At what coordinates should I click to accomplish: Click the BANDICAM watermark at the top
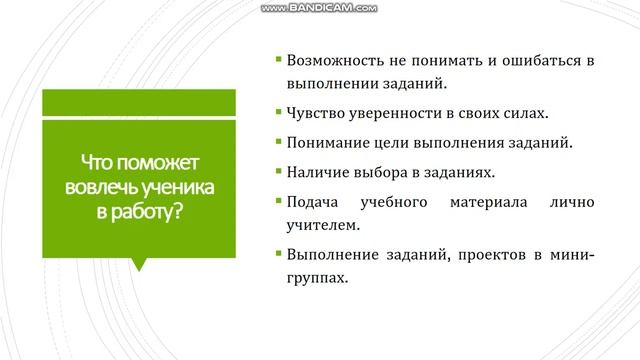(x=319, y=8)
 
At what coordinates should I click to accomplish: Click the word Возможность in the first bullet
(x=334, y=60)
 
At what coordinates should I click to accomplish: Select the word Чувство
(x=316, y=111)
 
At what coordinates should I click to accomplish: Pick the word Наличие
(x=317, y=173)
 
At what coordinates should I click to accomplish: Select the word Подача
(x=313, y=203)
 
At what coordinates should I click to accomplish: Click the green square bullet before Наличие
(x=276, y=173)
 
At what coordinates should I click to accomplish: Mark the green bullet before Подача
(x=276, y=203)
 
